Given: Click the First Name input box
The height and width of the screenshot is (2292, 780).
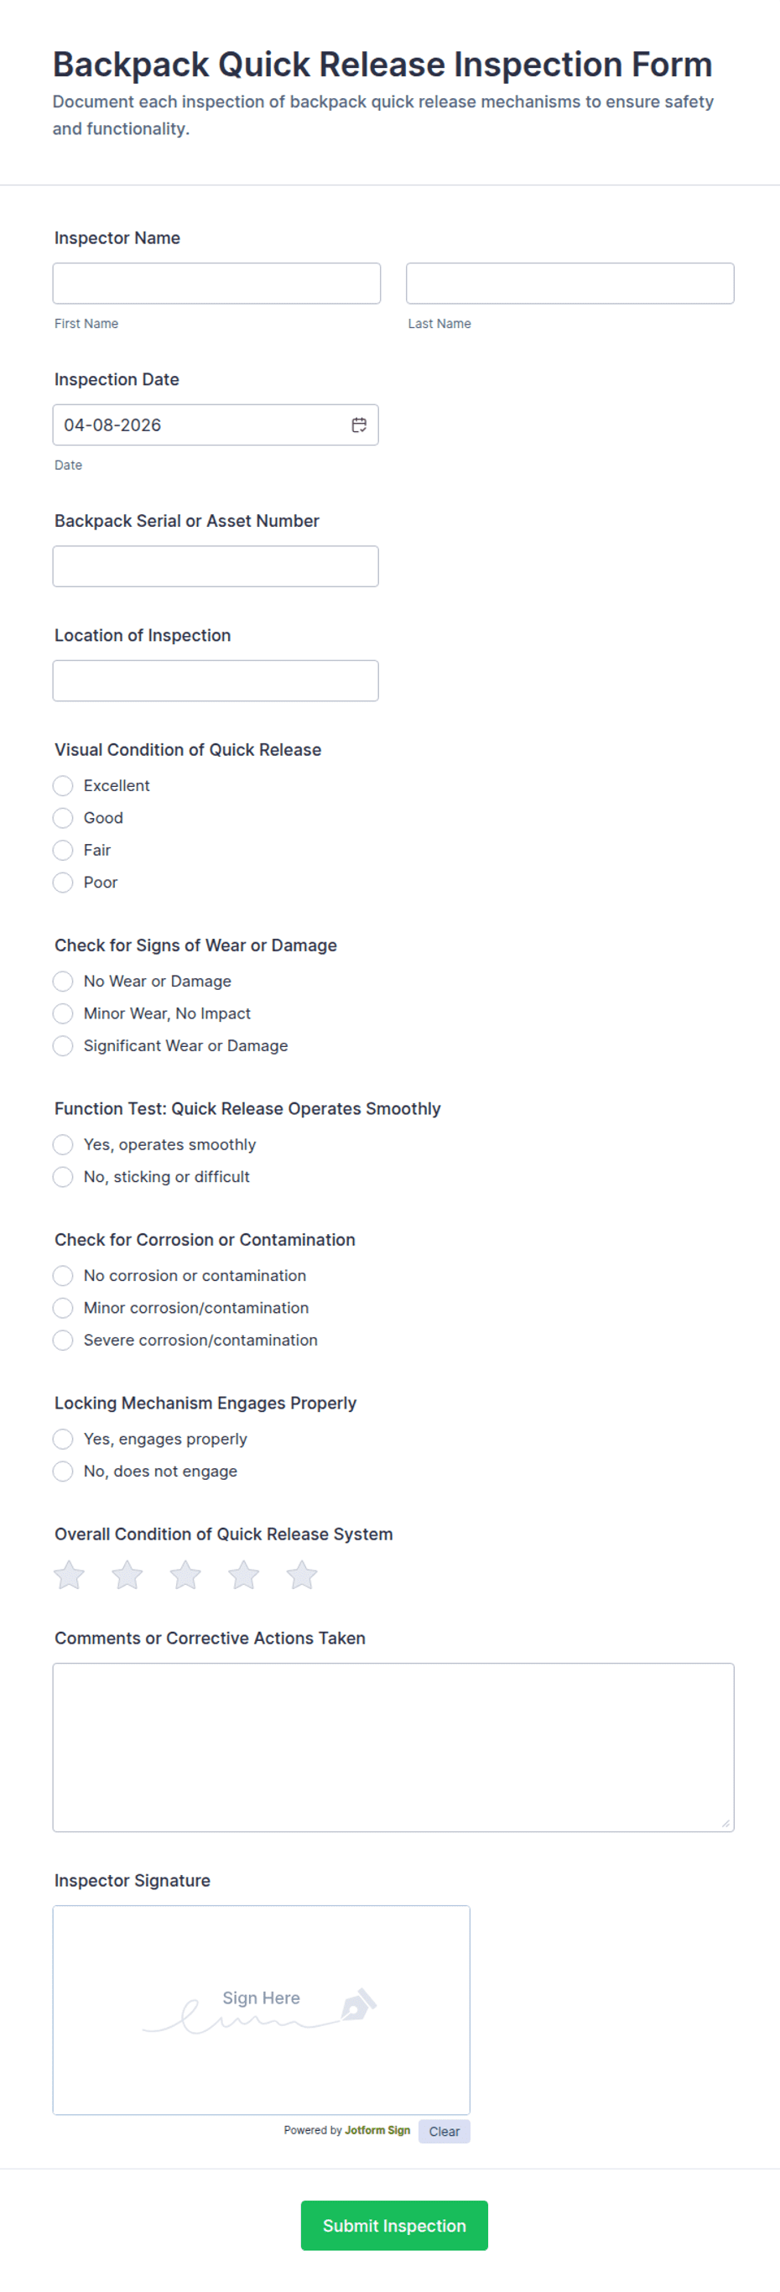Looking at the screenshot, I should pyautogui.click(x=216, y=283).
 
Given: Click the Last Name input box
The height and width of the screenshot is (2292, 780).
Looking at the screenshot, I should pyautogui.click(x=569, y=283).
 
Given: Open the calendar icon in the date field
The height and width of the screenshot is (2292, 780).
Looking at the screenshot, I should pyautogui.click(x=358, y=425).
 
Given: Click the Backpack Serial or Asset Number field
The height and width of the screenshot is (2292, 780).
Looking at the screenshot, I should pyautogui.click(x=216, y=566).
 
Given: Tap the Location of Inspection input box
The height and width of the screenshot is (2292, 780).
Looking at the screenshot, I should pyautogui.click(x=216, y=680).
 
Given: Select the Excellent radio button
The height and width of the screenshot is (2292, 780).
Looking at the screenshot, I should pyautogui.click(x=63, y=785).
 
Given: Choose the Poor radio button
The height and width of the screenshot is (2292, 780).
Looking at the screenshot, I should pyautogui.click(x=63, y=883).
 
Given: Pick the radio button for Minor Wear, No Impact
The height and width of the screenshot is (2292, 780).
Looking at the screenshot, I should pyautogui.click(x=63, y=1013).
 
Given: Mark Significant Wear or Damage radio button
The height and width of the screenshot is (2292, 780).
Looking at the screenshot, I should pyautogui.click(x=63, y=1045).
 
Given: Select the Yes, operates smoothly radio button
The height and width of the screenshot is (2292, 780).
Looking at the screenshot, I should pyautogui.click(x=63, y=1144).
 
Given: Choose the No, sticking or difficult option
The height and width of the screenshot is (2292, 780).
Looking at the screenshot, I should pyautogui.click(x=63, y=1177).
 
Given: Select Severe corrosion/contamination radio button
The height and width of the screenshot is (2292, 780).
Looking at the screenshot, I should pyautogui.click(x=63, y=1340).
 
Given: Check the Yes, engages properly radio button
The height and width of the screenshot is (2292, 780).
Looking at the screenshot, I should pyautogui.click(x=63, y=1439).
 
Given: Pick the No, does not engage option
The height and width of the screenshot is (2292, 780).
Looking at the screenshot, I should pyautogui.click(x=63, y=1472).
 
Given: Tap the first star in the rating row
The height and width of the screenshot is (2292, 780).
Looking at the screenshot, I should pyautogui.click(x=70, y=1575).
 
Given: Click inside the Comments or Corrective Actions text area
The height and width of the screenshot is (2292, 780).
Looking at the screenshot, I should pyautogui.click(x=393, y=1747).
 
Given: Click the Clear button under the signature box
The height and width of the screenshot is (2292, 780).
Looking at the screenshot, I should pyautogui.click(x=444, y=2131).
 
